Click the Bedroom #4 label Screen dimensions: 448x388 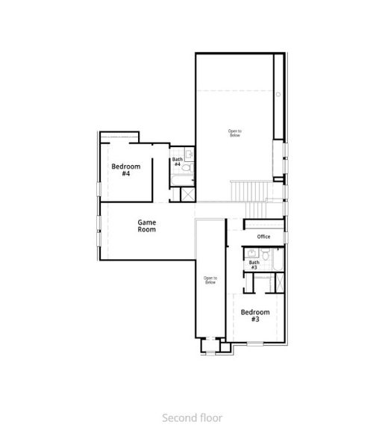pyautogui.click(x=122, y=169)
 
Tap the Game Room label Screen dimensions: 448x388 pyautogui.click(x=146, y=225)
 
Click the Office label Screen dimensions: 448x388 pyautogui.click(x=263, y=237)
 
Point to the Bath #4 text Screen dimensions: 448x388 pyautogui.click(x=177, y=161)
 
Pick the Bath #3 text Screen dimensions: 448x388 pyautogui.click(x=254, y=264)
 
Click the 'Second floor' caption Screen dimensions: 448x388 pyautogui.click(x=193, y=418)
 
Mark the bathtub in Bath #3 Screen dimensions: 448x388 pyautogui.click(x=275, y=261)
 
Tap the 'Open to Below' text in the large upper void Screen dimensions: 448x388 pyautogui.click(x=235, y=133)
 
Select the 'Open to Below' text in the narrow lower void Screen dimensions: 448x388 pyautogui.click(x=210, y=280)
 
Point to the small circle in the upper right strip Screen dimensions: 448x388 pyautogui.click(x=278, y=94)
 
